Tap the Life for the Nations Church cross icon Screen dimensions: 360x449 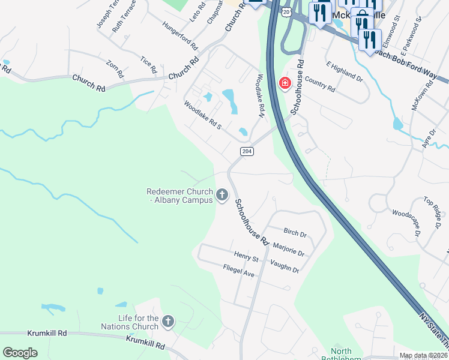point(168,322)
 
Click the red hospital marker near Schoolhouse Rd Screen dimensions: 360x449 point(285,83)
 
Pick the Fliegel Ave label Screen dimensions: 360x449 point(238,271)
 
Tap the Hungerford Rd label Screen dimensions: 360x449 point(179,36)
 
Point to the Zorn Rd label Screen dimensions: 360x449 point(115,68)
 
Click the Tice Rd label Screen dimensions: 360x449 point(148,64)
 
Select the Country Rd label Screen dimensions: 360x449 point(319,83)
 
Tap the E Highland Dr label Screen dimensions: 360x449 point(345,71)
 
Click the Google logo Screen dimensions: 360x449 point(20,353)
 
